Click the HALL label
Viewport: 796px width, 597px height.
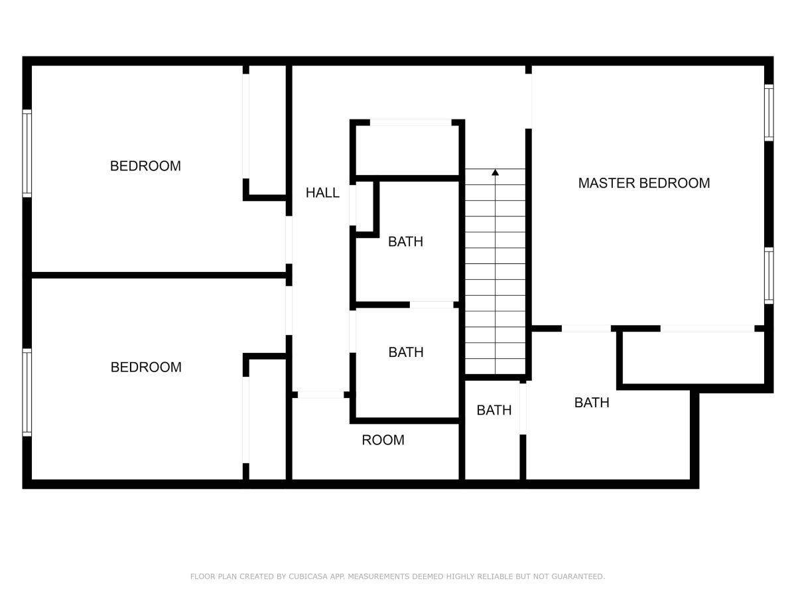click(322, 192)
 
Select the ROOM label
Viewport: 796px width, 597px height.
click(383, 440)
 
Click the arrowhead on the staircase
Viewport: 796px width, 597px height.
click(495, 172)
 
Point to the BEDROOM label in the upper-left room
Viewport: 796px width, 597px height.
click(145, 166)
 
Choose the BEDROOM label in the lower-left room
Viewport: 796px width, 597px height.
click(146, 367)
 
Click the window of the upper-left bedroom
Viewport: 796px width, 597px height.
click(27, 153)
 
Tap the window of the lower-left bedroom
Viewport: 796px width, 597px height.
click(27, 393)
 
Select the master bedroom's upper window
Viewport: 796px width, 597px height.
click(769, 113)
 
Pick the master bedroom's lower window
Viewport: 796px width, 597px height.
click(769, 275)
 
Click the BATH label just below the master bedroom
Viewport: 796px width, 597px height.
click(592, 403)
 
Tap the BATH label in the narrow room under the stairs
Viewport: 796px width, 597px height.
click(494, 411)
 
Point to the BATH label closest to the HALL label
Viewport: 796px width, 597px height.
click(405, 241)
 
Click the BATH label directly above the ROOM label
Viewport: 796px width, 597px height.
click(406, 352)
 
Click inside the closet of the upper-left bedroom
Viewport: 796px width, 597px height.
click(267, 131)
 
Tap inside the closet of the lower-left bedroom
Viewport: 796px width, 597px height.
click(267, 419)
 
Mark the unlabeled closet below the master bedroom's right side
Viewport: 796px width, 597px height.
click(693, 358)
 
